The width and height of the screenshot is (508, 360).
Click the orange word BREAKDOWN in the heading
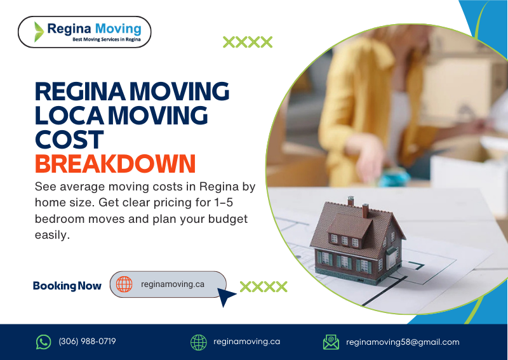pyautogui.click(x=115, y=164)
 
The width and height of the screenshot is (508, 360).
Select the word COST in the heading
pyautogui.click(x=69, y=139)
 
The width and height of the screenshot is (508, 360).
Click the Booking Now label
pyautogui.click(x=67, y=286)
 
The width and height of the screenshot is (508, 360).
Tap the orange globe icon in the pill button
pyautogui.click(x=124, y=284)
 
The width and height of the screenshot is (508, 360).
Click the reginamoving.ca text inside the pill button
pyautogui.click(x=173, y=284)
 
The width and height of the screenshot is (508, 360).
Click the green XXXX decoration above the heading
pyautogui.click(x=248, y=43)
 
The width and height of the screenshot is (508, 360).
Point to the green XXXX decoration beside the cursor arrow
pyautogui.click(x=264, y=286)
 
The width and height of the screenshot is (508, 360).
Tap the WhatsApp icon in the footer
pyautogui.click(x=43, y=342)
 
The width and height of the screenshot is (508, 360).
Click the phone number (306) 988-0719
pyautogui.click(x=88, y=342)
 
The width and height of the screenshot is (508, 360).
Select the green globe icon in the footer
pyautogui.click(x=199, y=342)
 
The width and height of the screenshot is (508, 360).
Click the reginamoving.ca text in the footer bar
pyautogui.click(x=247, y=342)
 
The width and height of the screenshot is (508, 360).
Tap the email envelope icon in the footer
pyautogui.click(x=331, y=342)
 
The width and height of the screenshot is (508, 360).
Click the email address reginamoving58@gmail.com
pyautogui.click(x=403, y=342)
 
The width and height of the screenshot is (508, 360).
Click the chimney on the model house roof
pyautogui.click(x=351, y=202)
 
